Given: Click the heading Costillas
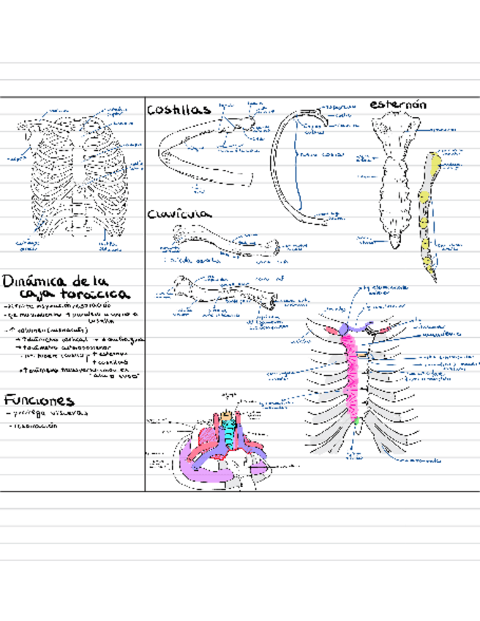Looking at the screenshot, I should pyautogui.click(x=179, y=110).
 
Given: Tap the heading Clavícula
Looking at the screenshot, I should pyautogui.click(x=179, y=215).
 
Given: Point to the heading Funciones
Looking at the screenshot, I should pyautogui.click(x=38, y=401).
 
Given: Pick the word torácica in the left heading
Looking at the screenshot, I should pyautogui.click(x=94, y=294).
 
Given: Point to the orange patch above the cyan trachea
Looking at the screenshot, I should pyautogui.click(x=230, y=417).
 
